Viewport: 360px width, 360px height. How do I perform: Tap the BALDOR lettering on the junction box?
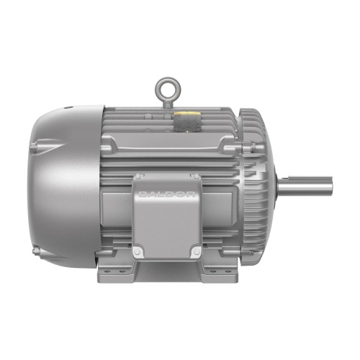pos(167,194)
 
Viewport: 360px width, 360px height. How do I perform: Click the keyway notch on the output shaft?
pos(285,179)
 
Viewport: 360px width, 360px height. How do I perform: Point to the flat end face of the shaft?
pos(331,186)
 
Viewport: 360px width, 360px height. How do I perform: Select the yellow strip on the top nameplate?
pos(182,114)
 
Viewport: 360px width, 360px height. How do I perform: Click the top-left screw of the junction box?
pos(138,177)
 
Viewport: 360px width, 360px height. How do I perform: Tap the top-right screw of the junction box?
pos(197,177)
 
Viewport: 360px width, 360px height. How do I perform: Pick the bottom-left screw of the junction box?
pos(138,251)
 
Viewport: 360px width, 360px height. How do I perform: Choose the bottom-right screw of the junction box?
pos(197,251)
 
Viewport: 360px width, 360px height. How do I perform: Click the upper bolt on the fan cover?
pos(33,146)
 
